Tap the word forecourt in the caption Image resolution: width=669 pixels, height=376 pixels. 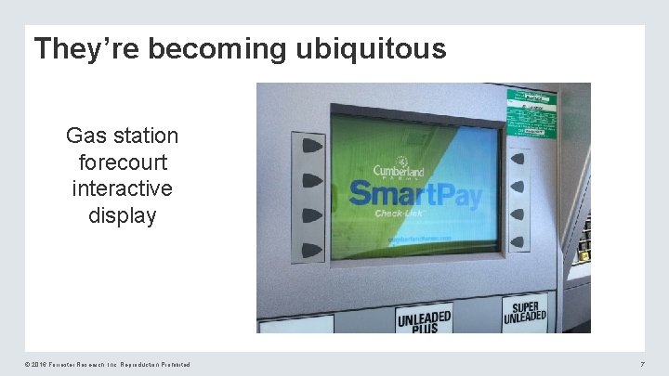click(x=122, y=162)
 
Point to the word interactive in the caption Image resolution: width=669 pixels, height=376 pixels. click(x=122, y=188)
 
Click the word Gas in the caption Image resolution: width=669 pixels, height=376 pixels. click(x=84, y=136)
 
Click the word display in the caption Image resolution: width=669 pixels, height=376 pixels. click(x=122, y=215)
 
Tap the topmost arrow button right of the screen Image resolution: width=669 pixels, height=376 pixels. click(x=518, y=159)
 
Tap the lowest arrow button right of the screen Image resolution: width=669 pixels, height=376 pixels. click(x=518, y=240)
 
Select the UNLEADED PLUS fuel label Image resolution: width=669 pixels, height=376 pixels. click(x=424, y=320)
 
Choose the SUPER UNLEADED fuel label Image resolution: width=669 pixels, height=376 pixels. click(x=526, y=313)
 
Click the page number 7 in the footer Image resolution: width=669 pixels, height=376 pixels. click(x=642, y=365)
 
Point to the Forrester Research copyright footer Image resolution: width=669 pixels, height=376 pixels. click(x=97, y=365)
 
